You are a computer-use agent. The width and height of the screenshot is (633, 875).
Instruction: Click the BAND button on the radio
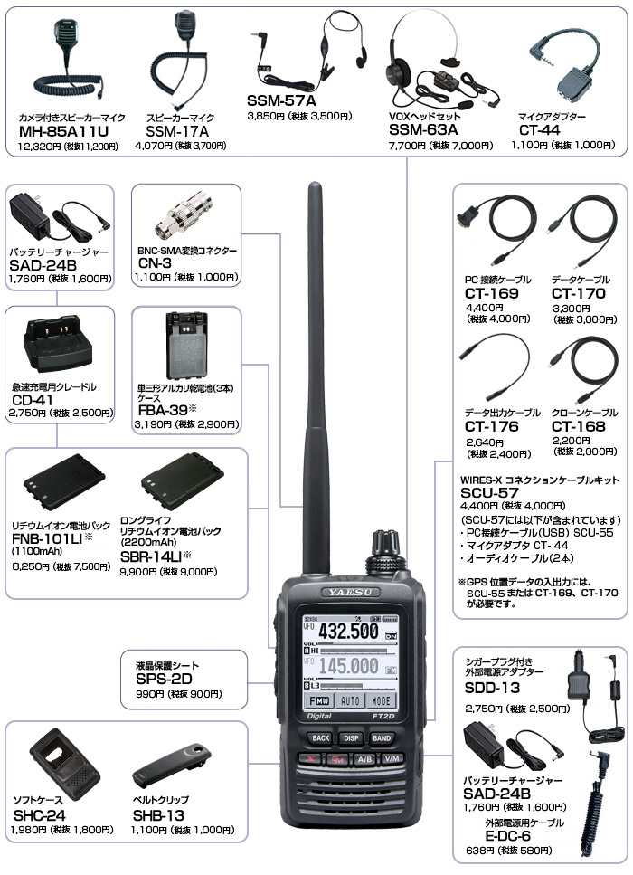pyautogui.click(x=382, y=737)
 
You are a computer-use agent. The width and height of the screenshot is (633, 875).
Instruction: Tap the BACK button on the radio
pyautogui.click(x=321, y=737)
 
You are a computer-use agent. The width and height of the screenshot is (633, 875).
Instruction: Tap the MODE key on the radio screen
pyautogui.click(x=382, y=700)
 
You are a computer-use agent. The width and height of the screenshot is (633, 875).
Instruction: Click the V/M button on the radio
pyautogui.click(x=392, y=758)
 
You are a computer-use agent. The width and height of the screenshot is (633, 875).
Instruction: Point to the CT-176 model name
pyautogui.click(x=491, y=426)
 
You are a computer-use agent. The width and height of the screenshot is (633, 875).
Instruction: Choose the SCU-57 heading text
pyautogui.click(x=489, y=493)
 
